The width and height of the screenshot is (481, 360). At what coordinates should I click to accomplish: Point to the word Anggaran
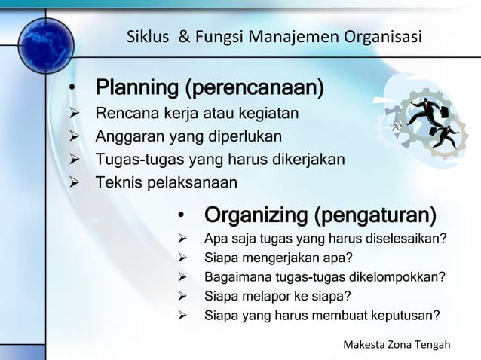[x=124, y=136]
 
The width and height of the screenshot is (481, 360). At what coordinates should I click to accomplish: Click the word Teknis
[x=115, y=182]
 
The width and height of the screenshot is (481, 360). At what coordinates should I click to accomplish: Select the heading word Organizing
[x=256, y=215]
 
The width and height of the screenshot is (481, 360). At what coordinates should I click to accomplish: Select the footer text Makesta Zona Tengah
[x=396, y=345]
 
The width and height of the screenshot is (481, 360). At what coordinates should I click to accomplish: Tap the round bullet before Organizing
[x=181, y=217]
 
